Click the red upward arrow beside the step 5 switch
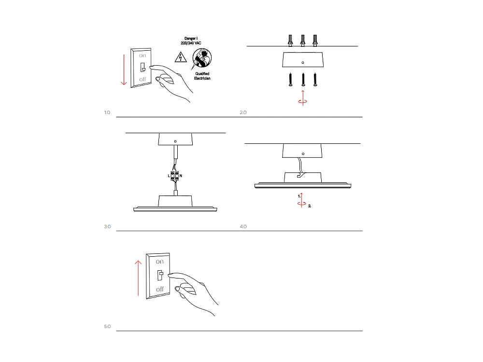click(x=138, y=278)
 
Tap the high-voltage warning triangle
click(x=180, y=57)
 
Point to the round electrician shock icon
click(x=201, y=59)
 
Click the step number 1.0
click(x=107, y=112)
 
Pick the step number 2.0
click(x=243, y=112)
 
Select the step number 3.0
click(x=107, y=226)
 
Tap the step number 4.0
click(x=243, y=226)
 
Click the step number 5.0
click(x=107, y=327)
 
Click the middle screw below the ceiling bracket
click(x=303, y=80)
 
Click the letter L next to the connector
click(x=169, y=176)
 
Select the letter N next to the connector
click(x=181, y=176)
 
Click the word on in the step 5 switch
click(x=159, y=261)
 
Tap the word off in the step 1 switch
click(x=142, y=79)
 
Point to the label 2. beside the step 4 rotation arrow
click(x=310, y=206)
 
